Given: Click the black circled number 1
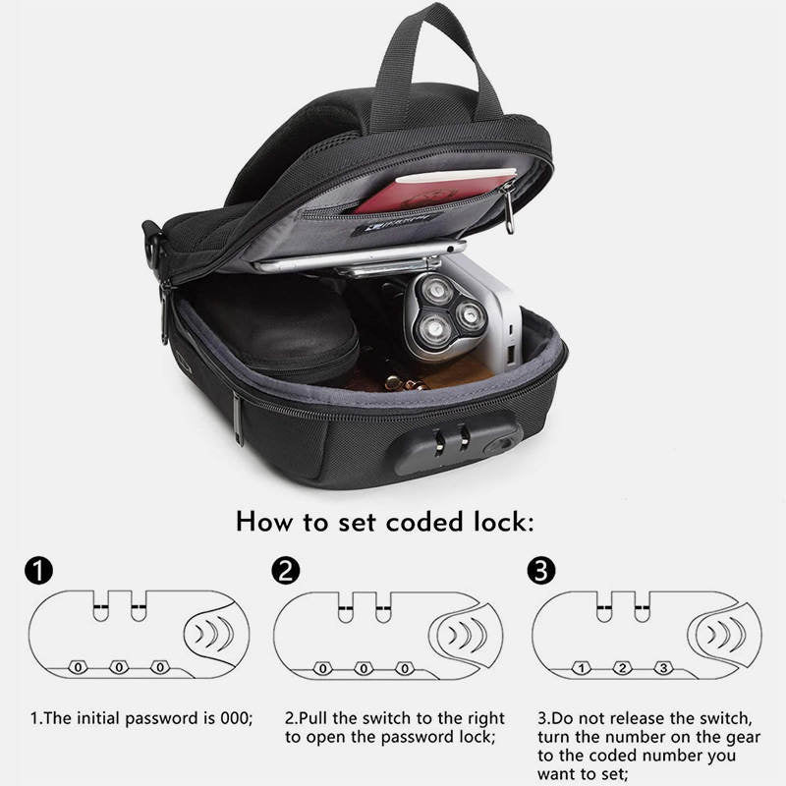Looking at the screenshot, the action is click(x=38, y=571).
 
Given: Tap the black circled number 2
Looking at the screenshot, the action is click(x=286, y=571).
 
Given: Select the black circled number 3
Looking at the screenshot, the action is click(x=541, y=571).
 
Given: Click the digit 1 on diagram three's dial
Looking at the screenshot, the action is click(x=582, y=668).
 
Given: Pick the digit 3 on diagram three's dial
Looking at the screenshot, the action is click(x=664, y=668).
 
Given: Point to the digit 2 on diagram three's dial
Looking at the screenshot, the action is click(x=623, y=668).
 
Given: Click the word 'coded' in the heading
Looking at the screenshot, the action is click(x=425, y=523).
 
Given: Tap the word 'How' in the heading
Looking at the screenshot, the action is click(x=264, y=522).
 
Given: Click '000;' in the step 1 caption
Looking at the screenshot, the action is click(x=236, y=718).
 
